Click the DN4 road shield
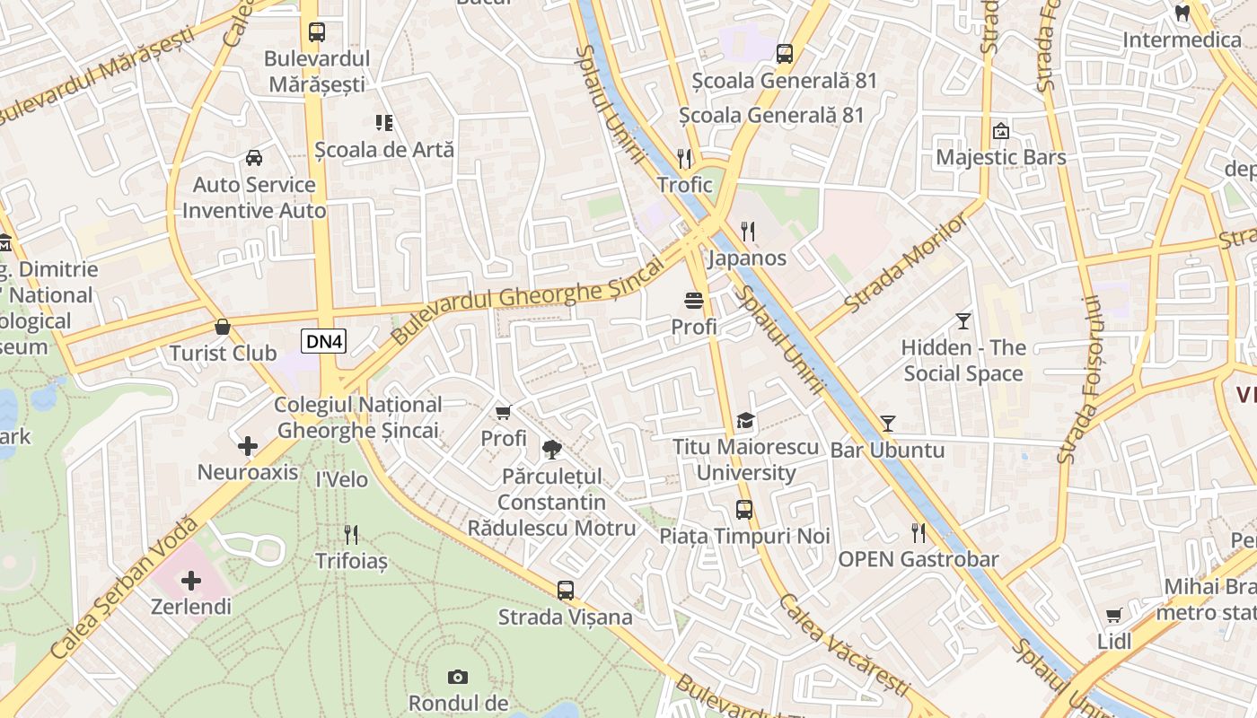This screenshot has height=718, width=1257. (324, 341)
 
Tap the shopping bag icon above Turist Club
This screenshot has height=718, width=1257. (222, 327)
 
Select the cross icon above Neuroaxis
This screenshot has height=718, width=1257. (248, 446)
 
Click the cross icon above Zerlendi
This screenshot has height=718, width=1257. (190, 581)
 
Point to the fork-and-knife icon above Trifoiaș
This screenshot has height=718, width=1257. (351, 535)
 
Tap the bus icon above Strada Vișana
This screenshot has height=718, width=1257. (565, 591)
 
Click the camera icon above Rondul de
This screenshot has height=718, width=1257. (458, 677)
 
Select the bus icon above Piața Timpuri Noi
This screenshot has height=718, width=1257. (744, 510)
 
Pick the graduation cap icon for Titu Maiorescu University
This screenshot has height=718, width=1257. (745, 420)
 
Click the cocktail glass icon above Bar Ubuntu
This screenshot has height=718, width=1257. (888, 423)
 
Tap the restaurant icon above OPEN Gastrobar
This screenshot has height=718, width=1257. (919, 533)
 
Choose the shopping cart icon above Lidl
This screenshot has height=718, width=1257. (1114, 615)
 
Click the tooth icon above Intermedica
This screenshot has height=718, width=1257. (1182, 13)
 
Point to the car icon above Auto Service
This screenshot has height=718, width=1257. (254, 158)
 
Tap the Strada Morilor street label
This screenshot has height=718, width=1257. (907, 262)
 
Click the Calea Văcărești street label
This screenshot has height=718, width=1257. (844, 644)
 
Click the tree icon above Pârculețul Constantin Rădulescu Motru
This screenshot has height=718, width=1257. (551, 449)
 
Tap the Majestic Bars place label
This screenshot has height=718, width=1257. (1001, 158)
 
